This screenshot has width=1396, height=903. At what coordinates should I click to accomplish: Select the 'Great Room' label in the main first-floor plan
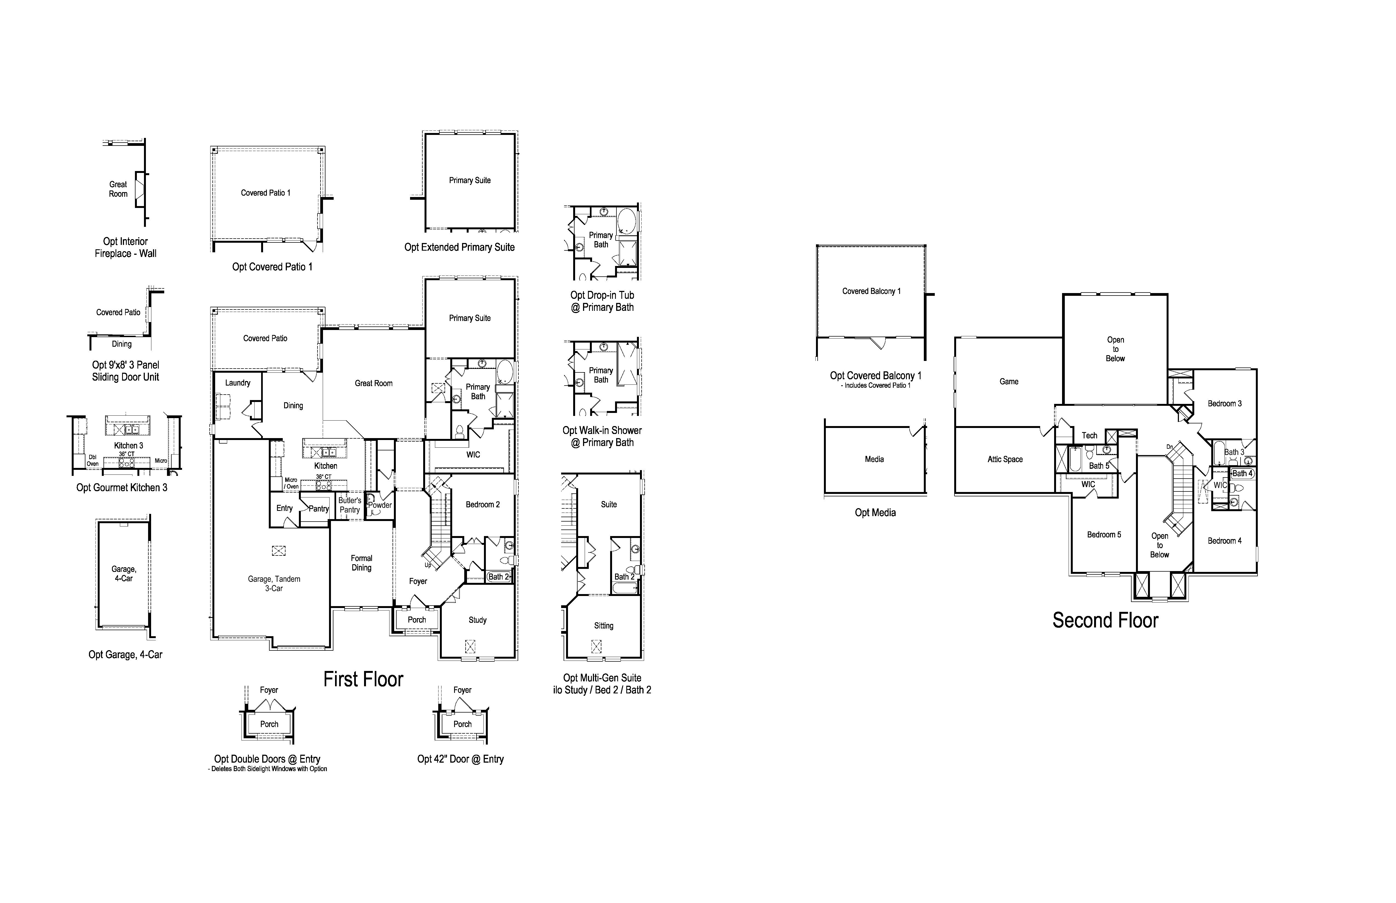click(374, 383)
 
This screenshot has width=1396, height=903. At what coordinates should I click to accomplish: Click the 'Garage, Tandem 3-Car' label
click(274, 583)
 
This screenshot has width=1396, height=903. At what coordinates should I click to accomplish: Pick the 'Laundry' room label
click(238, 383)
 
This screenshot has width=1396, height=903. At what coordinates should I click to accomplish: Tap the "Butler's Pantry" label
click(350, 505)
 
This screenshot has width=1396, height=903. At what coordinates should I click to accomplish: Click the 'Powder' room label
click(380, 505)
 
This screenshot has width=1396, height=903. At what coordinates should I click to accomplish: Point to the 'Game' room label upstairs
click(1009, 382)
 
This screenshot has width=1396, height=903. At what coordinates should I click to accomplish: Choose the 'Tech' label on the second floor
click(1089, 436)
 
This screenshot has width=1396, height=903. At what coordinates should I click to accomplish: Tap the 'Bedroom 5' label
click(1104, 535)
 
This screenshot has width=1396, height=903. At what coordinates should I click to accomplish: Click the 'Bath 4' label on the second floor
click(1242, 473)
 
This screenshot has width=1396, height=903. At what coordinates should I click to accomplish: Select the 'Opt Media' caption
click(875, 513)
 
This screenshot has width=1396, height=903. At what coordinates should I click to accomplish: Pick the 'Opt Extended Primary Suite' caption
click(459, 247)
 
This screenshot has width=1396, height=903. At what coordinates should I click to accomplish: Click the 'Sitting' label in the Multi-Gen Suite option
click(604, 626)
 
